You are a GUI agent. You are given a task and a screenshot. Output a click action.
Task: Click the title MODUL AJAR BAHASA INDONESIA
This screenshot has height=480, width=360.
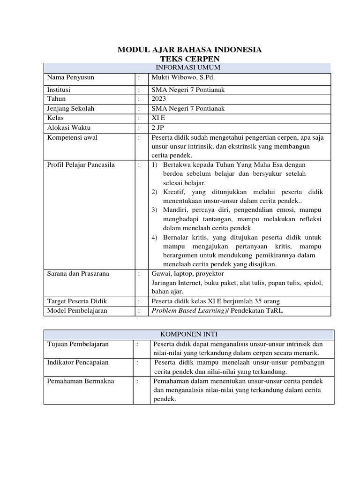[x=189, y=50]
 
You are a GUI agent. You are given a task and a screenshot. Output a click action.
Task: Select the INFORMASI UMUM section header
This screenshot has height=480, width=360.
[x=187, y=68]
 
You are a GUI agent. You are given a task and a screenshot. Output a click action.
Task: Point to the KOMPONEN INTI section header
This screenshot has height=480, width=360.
[x=189, y=334]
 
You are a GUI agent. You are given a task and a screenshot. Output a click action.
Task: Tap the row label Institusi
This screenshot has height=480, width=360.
[x=60, y=89]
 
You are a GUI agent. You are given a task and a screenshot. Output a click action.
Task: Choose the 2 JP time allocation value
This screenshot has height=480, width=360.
[x=157, y=127]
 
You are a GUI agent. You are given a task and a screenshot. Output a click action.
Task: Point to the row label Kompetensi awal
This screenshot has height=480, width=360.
[x=72, y=137]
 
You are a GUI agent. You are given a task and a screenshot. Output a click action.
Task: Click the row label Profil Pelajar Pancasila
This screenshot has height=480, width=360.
[x=81, y=165]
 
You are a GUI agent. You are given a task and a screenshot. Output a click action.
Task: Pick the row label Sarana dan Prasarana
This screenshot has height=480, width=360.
[x=78, y=273]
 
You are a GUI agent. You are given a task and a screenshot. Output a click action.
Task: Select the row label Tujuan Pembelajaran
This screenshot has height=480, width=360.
[x=78, y=344]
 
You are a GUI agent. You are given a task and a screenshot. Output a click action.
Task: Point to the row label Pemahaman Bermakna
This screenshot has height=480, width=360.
[x=81, y=381]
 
